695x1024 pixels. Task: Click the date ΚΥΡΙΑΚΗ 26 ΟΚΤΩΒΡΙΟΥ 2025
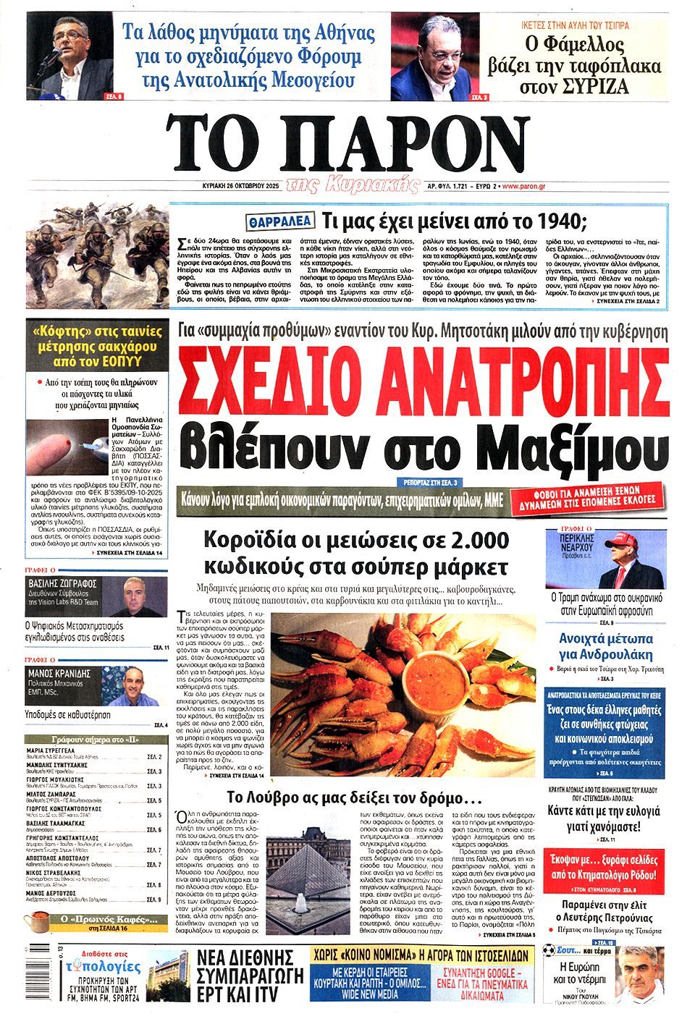(241, 186)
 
